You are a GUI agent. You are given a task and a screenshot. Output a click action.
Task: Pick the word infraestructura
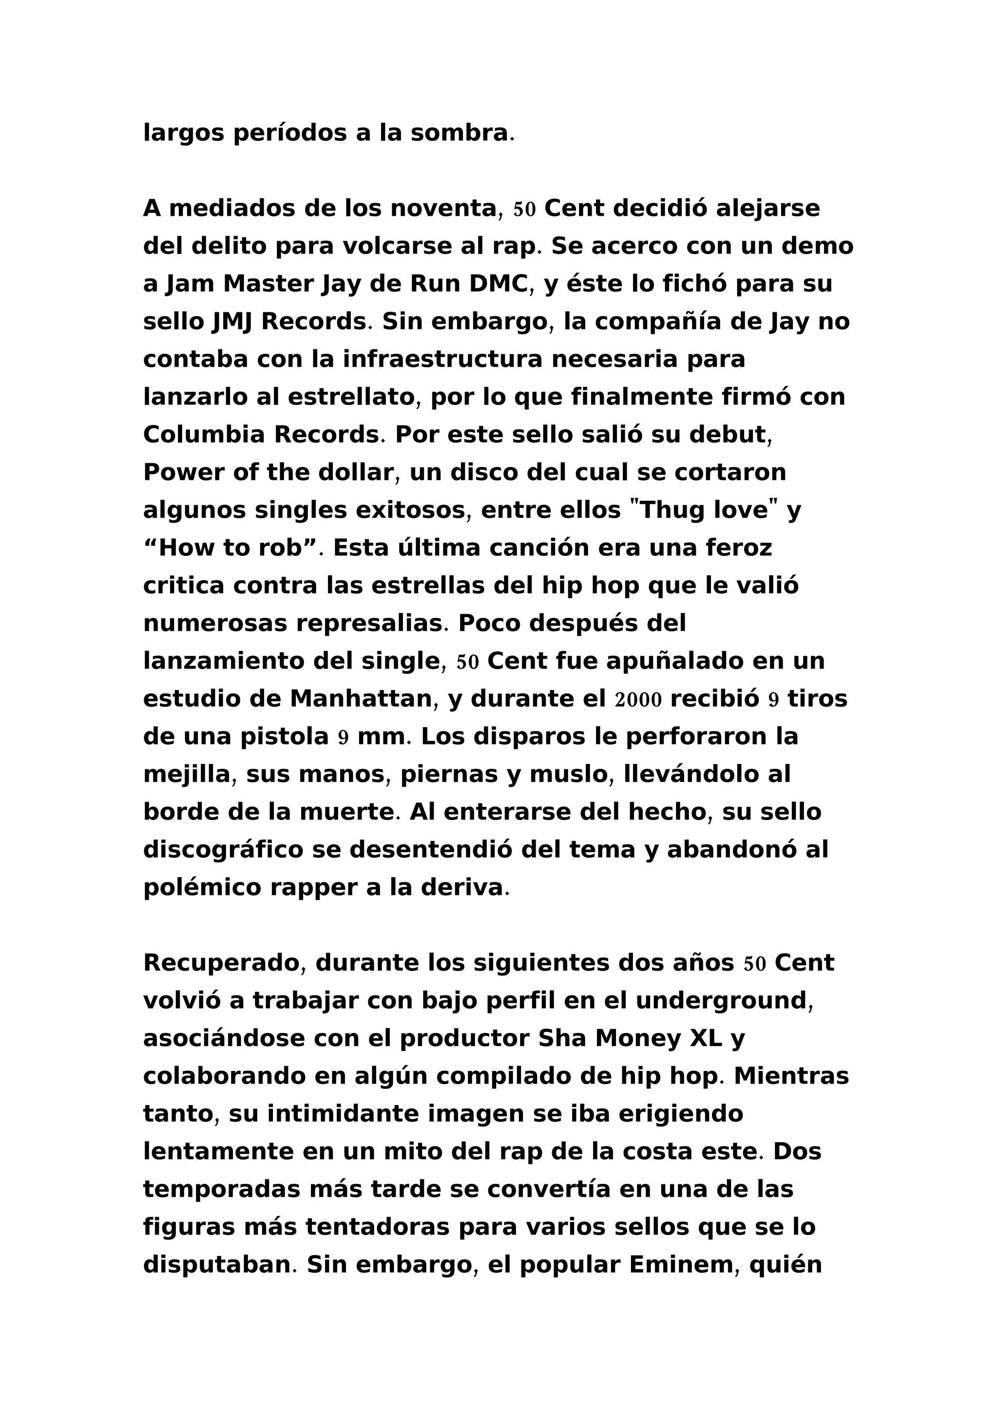coord(443,359)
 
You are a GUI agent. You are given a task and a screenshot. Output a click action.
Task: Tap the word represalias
coord(369,624)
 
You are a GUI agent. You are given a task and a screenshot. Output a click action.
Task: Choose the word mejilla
coord(186,775)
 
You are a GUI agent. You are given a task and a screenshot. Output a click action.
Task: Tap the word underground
coord(721,1001)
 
